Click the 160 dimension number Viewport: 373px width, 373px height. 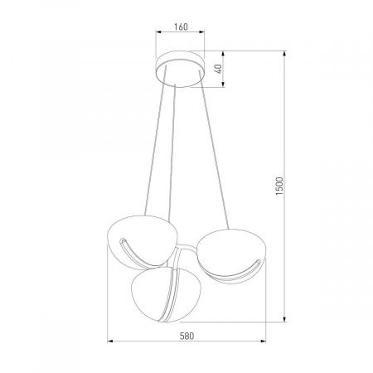[182, 27]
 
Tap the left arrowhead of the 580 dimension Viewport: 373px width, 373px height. [110, 344]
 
